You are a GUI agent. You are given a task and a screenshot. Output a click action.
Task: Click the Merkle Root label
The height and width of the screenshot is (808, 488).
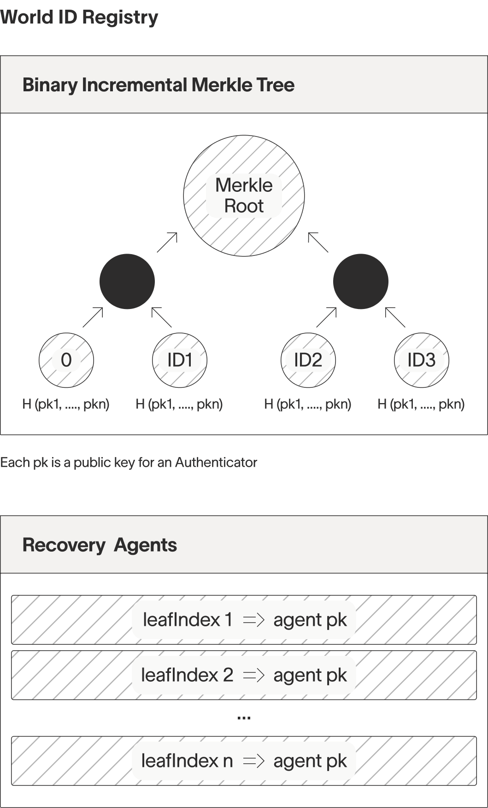244,196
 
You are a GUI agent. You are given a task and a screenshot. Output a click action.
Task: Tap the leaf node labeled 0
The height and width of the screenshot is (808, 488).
66,360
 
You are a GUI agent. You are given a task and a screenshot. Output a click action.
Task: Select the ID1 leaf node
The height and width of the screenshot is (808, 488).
180,360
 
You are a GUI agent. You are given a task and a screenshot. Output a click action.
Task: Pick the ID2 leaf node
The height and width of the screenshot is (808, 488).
308,360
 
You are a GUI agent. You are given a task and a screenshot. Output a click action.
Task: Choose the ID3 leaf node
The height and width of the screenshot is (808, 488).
422,360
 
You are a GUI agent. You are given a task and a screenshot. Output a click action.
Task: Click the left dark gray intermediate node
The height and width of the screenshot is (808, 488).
127,281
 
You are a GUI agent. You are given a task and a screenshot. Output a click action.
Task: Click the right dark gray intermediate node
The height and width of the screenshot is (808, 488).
361,281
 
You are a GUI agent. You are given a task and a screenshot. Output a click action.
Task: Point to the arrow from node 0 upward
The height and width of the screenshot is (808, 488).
93,317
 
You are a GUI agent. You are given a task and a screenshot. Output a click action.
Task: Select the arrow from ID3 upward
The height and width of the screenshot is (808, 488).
395,317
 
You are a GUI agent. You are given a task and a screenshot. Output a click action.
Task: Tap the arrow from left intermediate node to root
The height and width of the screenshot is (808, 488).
167,243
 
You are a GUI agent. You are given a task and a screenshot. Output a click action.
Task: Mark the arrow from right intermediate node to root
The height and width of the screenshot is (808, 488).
318,243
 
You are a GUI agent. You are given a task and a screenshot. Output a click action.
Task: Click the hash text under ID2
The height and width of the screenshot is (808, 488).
308,404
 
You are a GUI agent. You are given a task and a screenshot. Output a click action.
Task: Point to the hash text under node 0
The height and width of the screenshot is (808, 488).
66,404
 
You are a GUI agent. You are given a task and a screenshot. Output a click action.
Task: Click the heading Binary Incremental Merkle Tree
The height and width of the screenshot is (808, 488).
159,85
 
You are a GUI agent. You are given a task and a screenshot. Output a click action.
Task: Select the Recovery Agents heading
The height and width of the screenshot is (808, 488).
100,545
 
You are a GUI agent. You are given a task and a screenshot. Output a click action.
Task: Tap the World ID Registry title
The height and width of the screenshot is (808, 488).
79,17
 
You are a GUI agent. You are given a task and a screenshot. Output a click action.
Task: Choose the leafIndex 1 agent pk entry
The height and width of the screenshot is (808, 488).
244,620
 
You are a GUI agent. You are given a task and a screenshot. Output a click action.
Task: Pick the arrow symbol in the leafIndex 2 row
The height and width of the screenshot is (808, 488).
253,675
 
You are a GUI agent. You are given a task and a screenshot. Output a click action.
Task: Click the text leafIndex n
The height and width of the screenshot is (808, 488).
187,761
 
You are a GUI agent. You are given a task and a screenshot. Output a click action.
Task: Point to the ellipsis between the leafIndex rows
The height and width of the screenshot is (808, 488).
244,718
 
